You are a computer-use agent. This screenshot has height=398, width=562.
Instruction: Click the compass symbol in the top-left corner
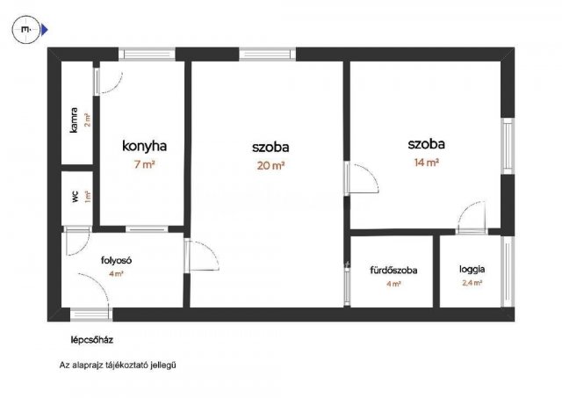click(27, 30)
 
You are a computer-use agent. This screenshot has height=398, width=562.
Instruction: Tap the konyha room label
click(144, 147)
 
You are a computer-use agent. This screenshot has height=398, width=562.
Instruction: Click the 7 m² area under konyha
click(144, 164)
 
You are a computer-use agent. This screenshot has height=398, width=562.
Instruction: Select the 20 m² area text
click(270, 164)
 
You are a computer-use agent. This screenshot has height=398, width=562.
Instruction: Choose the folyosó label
click(116, 259)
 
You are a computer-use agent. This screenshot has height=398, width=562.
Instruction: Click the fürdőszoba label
click(393, 270)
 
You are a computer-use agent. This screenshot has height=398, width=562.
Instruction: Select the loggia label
click(472, 270)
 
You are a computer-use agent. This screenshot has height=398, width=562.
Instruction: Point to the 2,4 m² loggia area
click(472, 284)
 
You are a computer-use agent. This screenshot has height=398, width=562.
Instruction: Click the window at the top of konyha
click(148, 54)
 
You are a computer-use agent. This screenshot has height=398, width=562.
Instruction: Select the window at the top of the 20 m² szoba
click(264, 54)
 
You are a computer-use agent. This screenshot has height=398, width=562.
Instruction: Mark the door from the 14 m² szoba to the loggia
click(472, 217)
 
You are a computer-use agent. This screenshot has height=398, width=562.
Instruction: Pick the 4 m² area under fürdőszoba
click(393, 284)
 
